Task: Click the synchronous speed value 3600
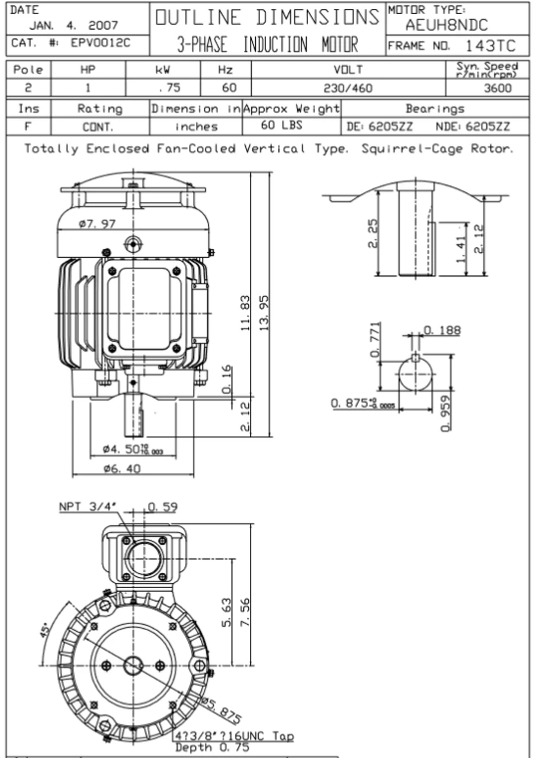[x=497, y=88]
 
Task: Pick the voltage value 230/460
[x=348, y=88]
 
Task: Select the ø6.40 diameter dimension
[x=122, y=468]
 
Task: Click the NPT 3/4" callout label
[x=88, y=508]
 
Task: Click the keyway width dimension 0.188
[x=441, y=330]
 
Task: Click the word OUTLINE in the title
[x=198, y=18]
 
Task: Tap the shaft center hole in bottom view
[x=133, y=666]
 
